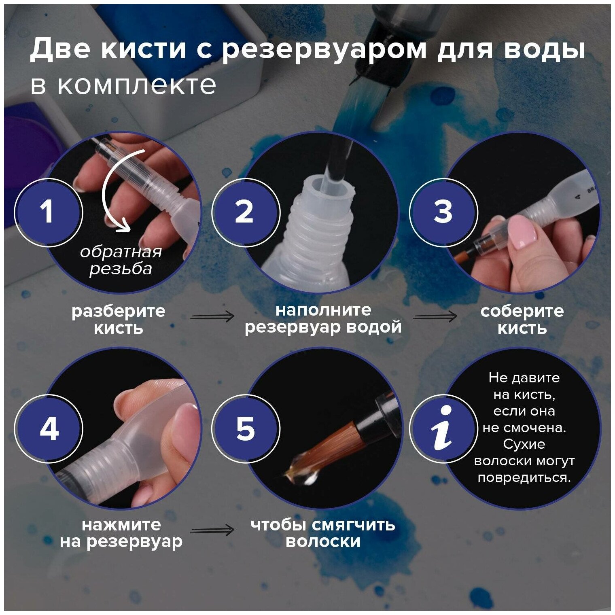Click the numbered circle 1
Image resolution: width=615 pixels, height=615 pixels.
(x=49, y=212)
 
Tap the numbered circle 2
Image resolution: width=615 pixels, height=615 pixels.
(x=246, y=212)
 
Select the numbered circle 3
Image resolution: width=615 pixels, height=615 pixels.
(x=443, y=212)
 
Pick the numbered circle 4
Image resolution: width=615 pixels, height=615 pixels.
(x=49, y=428)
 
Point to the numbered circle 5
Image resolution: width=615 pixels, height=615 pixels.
(x=246, y=428)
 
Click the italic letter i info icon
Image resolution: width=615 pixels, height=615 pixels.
(x=443, y=428)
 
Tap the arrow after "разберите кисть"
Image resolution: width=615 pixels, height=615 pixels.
(x=212, y=316)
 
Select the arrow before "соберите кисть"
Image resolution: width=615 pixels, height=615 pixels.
(x=435, y=316)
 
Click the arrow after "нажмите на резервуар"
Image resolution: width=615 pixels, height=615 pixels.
(x=212, y=530)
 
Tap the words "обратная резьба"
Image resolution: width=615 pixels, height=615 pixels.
(x=121, y=260)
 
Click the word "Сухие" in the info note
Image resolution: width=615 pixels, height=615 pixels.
(x=524, y=444)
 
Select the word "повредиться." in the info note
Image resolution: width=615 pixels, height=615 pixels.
(x=524, y=477)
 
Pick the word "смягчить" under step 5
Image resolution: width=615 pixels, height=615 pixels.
(x=353, y=525)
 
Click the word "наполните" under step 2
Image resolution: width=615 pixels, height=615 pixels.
(x=323, y=310)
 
